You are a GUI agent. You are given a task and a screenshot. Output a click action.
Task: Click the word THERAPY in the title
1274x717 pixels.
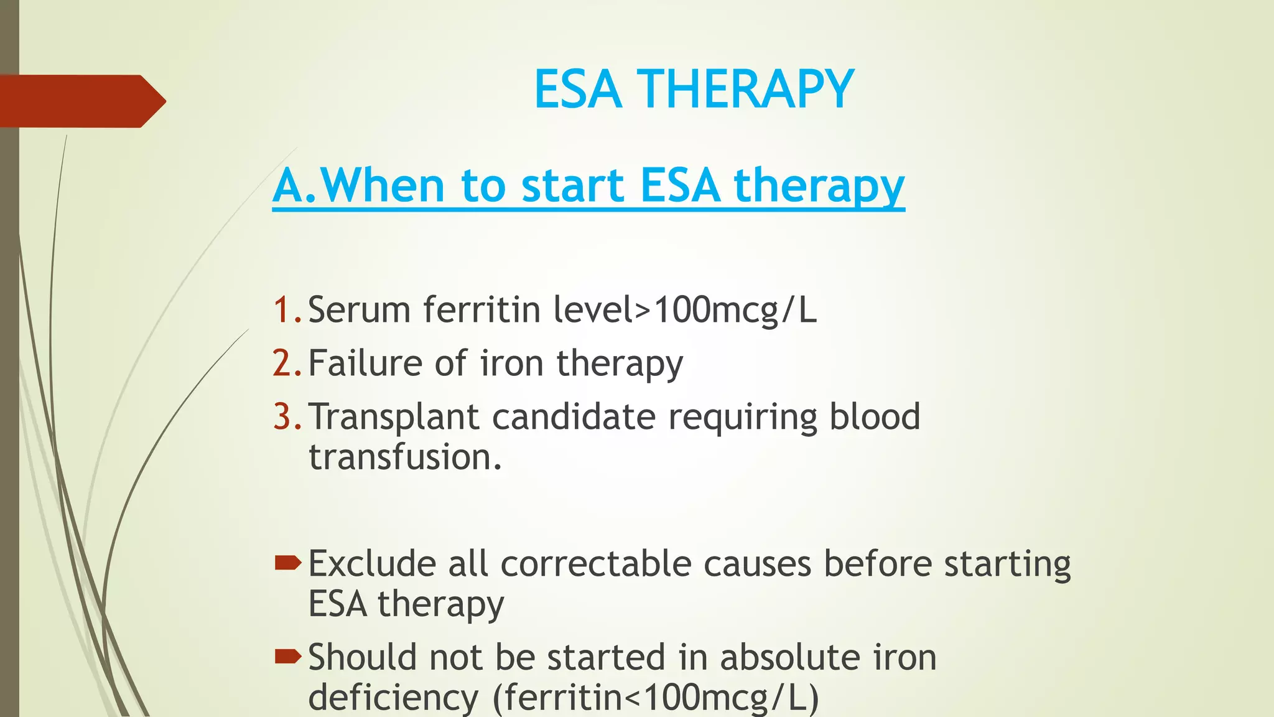pyautogui.click(x=745, y=89)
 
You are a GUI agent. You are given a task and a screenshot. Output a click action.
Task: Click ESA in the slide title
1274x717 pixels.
pyautogui.click(x=578, y=89)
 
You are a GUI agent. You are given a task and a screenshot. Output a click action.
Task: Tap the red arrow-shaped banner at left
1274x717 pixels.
pyautogui.click(x=81, y=101)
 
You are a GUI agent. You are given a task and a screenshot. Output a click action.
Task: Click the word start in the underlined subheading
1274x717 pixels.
pyautogui.click(x=573, y=185)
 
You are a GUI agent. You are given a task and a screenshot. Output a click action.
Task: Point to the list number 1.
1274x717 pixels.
pyautogui.click(x=287, y=309)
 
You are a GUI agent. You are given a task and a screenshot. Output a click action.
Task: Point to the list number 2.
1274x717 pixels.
pyautogui.click(x=287, y=363)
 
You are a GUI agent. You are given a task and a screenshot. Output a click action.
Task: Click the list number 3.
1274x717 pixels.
pyautogui.click(x=287, y=416)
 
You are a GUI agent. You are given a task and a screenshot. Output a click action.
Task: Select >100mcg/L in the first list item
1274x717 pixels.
pyautogui.click(x=725, y=309)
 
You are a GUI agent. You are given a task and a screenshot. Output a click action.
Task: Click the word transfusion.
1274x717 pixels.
pyautogui.click(x=404, y=457)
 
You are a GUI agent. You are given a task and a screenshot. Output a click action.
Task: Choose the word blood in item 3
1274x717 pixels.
pyautogui.click(x=874, y=416)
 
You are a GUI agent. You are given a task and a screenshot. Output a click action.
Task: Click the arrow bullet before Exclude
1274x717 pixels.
pyautogui.click(x=288, y=564)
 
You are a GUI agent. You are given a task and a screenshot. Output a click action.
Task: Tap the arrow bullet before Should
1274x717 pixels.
pyautogui.click(x=288, y=657)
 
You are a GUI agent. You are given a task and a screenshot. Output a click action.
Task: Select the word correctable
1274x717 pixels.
pyautogui.click(x=595, y=564)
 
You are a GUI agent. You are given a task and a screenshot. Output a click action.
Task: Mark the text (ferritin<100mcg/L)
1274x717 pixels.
pyautogui.click(x=656, y=698)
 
